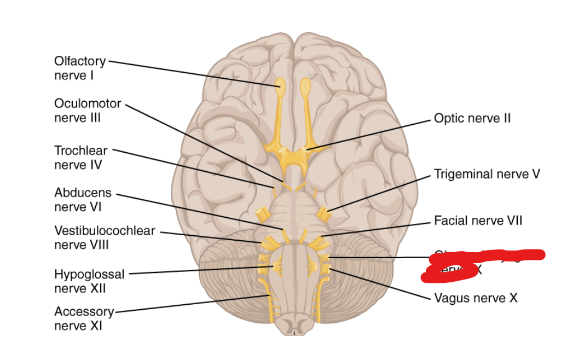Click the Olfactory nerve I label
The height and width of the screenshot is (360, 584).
(80, 68)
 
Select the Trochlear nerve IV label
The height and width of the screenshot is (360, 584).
(80, 157)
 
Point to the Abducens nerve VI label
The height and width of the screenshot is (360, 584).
(83, 200)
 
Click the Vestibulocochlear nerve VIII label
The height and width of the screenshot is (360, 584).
(105, 237)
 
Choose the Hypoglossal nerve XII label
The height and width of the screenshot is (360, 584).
(89, 281)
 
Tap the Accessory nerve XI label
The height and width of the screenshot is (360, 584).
(84, 318)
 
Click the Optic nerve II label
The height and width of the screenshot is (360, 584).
(472, 118)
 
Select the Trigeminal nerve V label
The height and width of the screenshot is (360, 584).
(487, 174)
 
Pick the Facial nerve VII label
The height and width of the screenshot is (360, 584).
(478, 220)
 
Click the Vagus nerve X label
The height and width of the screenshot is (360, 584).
(475, 298)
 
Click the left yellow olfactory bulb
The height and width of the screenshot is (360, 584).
(280, 85)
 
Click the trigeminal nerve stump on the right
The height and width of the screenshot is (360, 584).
(324, 212)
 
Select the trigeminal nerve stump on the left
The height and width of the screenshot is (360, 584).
(264, 211)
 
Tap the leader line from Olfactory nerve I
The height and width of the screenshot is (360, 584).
(192, 72)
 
